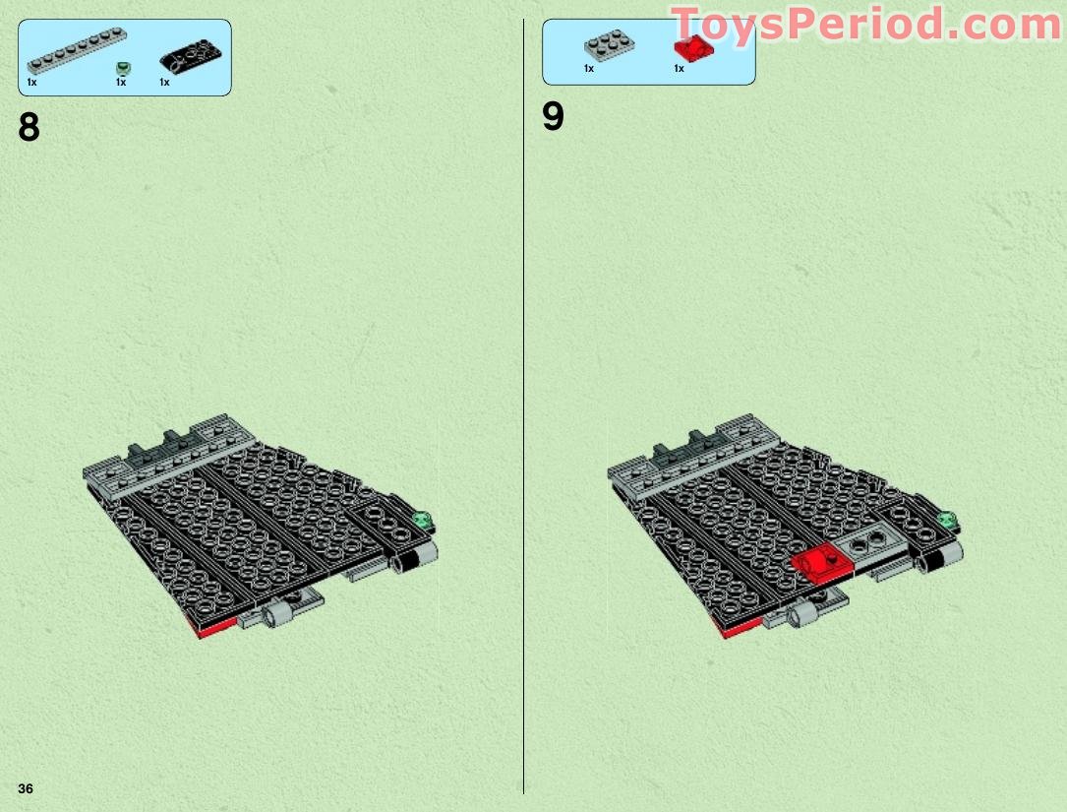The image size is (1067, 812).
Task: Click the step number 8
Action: click(x=30, y=128)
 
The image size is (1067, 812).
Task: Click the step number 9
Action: click(x=554, y=117)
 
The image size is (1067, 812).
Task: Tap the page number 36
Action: click(x=25, y=788)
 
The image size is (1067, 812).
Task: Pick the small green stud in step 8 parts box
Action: click(x=122, y=67)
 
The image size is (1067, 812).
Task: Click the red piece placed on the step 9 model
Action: click(x=819, y=561)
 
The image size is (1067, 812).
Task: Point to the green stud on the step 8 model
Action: click(x=426, y=520)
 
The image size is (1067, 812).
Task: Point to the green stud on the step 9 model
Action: click(x=950, y=520)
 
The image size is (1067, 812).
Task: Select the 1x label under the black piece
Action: click(x=164, y=83)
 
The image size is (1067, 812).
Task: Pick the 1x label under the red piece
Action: click(x=679, y=69)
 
